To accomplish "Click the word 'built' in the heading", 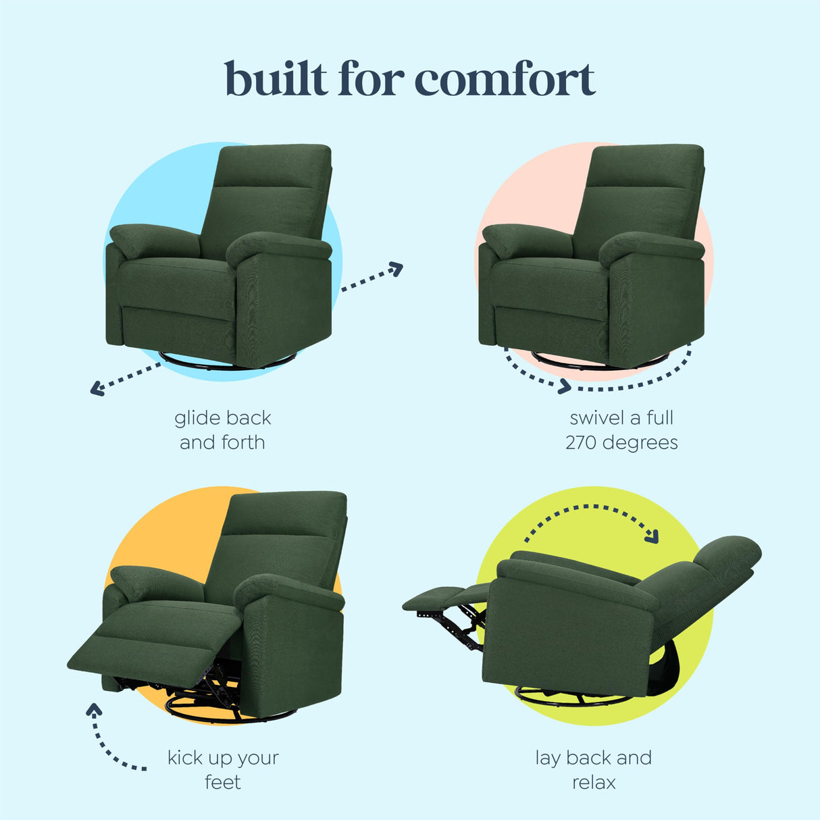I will click(276, 80).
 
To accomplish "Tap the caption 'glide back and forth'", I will click(223, 430).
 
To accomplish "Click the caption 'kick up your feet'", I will click(223, 770).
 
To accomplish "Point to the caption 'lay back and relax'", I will click(594, 770).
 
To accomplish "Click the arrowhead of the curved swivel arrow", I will click(563, 387).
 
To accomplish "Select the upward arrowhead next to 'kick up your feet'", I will click(94, 710).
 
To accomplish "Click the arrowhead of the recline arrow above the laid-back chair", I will click(651, 538).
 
